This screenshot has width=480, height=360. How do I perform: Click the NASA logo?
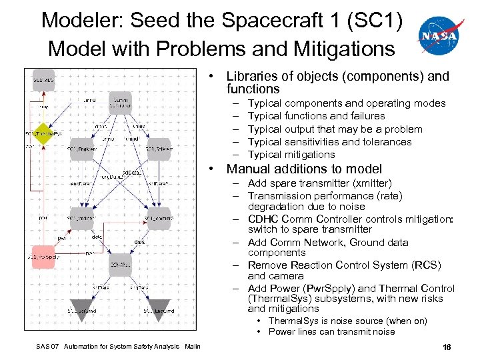click(439, 35)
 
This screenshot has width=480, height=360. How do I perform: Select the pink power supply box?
click(41, 257)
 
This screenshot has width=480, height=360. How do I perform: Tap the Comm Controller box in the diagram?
click(121, 101)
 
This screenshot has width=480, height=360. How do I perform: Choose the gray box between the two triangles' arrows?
click(121, 265)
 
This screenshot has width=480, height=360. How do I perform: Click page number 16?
click(447, 347)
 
